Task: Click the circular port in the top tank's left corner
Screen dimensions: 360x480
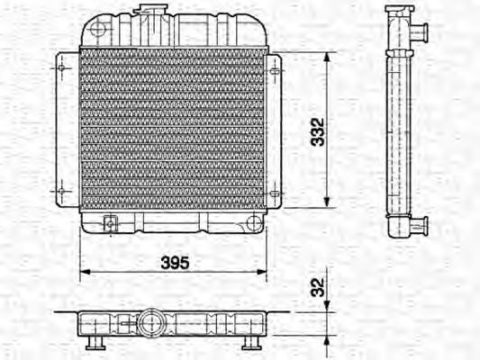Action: [x=96, y=32]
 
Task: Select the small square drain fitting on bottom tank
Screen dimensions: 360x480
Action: [x=110, y=223]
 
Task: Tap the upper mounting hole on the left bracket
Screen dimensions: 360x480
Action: [x=61, y=67]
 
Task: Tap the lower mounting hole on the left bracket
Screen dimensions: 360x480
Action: [x=61, y=191]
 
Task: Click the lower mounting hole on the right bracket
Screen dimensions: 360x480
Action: [x=275, y=191]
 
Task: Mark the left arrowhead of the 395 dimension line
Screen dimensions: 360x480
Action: [x=84, y=270]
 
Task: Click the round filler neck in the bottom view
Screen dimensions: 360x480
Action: [x=150, y=322]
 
